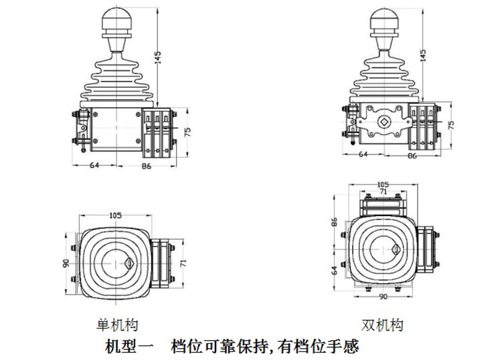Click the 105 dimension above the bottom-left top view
coord(116,215)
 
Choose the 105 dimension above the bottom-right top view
coord(384,184)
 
